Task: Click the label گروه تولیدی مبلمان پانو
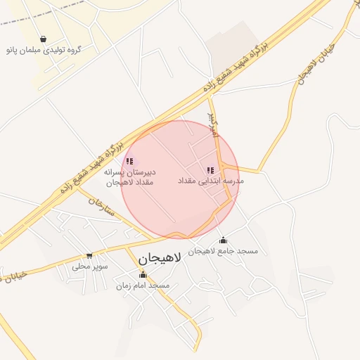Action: [44, 50]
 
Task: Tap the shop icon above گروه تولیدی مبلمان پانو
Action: [44, 39]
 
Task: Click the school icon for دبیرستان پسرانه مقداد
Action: [129, 161]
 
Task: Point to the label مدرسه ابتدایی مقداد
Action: [211, 181]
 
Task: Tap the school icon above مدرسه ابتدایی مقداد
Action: [210, 170]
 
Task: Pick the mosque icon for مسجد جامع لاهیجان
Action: [224, 240]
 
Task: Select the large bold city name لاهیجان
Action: [160, 258]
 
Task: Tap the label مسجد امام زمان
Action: [143, 285]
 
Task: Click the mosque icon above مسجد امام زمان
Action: [143, 275]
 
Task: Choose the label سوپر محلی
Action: [89, 267]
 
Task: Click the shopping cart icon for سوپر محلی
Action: [89, 256]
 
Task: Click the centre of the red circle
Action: [180, 180]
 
